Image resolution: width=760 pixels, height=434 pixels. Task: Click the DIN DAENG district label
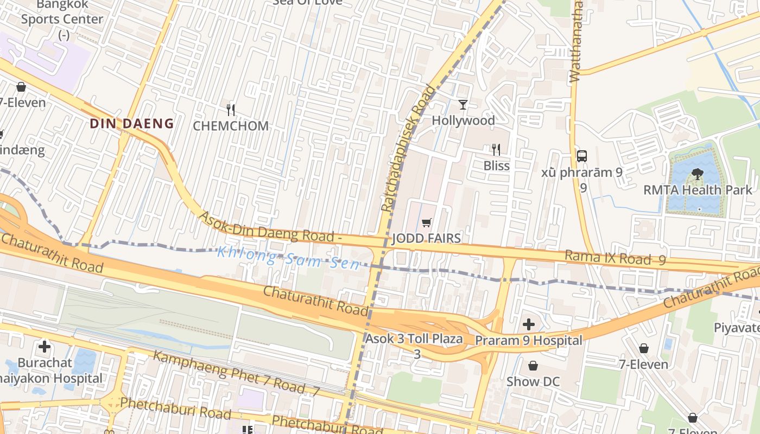tap(131, 124)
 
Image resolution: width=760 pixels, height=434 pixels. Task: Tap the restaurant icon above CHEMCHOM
tap(231, 110)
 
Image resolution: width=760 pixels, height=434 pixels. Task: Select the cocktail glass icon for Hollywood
tap(463, 105)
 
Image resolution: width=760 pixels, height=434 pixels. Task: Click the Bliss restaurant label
tap(496, 165)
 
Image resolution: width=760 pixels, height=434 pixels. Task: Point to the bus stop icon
tap(582, 156)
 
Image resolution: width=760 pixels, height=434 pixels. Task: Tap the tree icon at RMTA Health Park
tap(697, 175)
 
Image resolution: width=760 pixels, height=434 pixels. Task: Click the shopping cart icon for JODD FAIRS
tap(427, 223)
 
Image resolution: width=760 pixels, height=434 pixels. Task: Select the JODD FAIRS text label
tap(426, 238)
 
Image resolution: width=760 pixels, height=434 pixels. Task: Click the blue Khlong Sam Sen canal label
tap(288, 258)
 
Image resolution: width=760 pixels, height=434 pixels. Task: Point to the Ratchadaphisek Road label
tap(408, 148)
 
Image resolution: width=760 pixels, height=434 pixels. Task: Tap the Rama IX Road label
tap(615, 258)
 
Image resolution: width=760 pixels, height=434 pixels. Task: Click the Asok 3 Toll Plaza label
tap(414, 339)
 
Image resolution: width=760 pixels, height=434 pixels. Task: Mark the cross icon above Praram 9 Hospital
tap(528, 325)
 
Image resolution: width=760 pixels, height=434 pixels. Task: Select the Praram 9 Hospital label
tap(528, 341)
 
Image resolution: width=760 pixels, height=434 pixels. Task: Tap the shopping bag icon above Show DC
tap(533, 366)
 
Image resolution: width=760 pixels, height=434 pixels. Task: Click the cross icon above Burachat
tap(45, 346)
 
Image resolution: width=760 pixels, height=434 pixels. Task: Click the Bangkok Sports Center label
tap(62, 19)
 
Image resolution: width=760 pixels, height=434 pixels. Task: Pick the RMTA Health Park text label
tap(698, 190)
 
